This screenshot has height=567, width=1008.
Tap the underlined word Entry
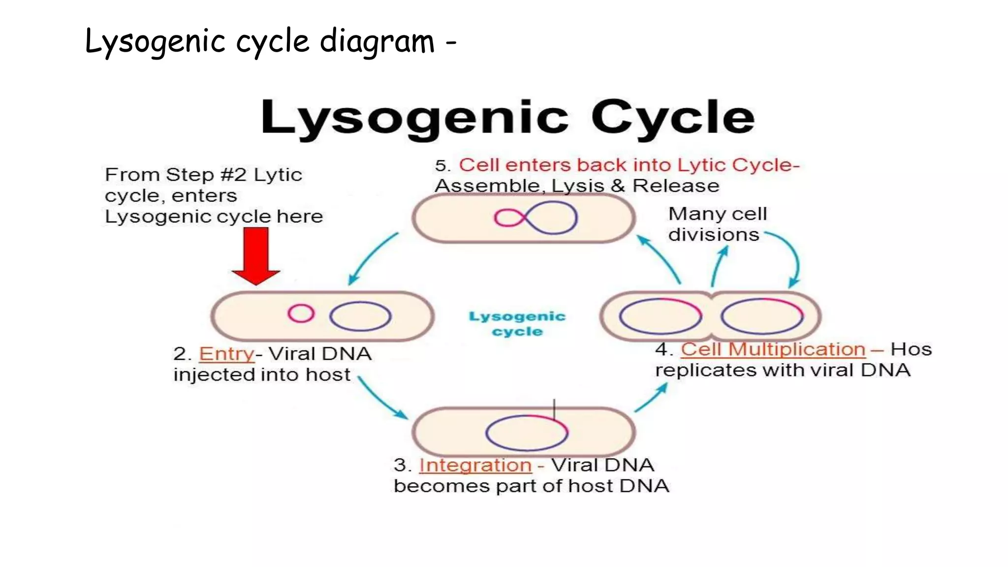click(226, 354)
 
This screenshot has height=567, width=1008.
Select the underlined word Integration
click(475, 465)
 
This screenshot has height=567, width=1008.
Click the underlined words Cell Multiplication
click(773, 349)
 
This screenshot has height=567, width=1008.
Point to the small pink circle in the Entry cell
click(301, 313)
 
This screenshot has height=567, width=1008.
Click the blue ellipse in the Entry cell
click(360, 316)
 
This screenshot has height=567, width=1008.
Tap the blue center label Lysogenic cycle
click(517, 324)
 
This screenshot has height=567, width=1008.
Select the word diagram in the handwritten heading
click(377, 41)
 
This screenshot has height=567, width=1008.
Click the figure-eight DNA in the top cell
click(535, 218)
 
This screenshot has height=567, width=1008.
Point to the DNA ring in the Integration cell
click(527, 433)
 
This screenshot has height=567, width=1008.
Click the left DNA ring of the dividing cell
click(660, 316)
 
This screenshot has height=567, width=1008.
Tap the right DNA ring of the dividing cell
click(761, 316)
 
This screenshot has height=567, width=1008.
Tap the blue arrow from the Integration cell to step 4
click(651, 398)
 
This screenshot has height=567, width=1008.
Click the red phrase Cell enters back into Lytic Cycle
click(629, 165)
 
